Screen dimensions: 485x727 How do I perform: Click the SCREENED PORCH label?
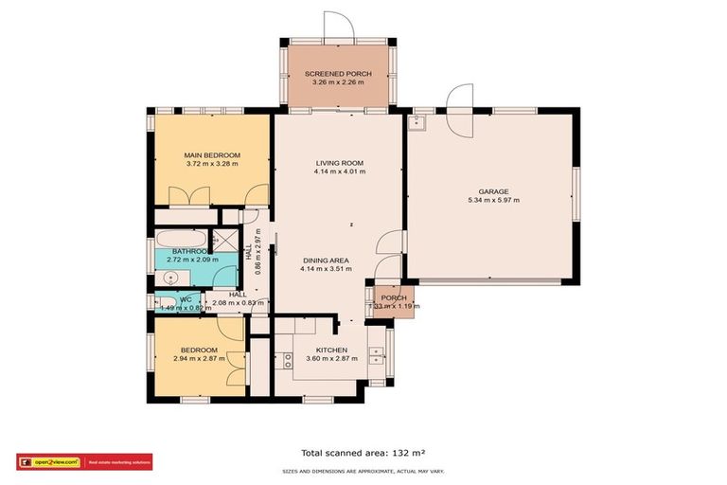pos(337,74)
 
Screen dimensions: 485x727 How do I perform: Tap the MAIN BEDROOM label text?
pos(211,155)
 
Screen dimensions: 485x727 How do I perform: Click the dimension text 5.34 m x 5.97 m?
pos(493,201)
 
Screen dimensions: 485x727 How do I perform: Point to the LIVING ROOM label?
pos(339,164)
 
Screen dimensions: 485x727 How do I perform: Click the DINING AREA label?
pos(326,260)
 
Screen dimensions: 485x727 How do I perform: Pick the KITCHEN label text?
pos(331,350)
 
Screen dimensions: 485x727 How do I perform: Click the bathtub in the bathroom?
pos(180,238)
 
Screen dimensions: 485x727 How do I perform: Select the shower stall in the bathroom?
pos(223,239)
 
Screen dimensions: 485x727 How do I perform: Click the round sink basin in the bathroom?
pos(168,278)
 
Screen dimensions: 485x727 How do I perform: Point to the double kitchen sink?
pos(377,356)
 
